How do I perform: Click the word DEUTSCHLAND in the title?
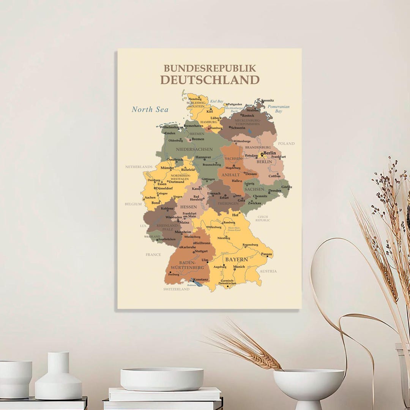click(210, 80)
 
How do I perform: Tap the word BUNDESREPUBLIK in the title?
click(210, 68)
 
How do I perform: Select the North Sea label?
click(150, 110)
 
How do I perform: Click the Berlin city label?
click(270, 153)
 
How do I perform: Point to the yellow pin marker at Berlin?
click(262, 154)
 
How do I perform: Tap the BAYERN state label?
click(237, 260)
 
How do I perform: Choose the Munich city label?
click(239, 267)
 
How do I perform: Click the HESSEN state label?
click(188, 207)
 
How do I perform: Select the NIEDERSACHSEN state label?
click(194, 150)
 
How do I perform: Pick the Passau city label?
click(267, 254)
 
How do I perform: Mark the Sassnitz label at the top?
click(267, 100)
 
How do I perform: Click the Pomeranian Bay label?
click(278, 109)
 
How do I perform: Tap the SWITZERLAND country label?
click(176, 289)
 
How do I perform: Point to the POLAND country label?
click(286, 143)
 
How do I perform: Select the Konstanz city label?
click(200, 280)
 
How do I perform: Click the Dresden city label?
click(275, 191)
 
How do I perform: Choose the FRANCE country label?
click(153, 255)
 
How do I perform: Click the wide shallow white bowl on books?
click(162, 378)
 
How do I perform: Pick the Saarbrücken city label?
click(167, 240)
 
